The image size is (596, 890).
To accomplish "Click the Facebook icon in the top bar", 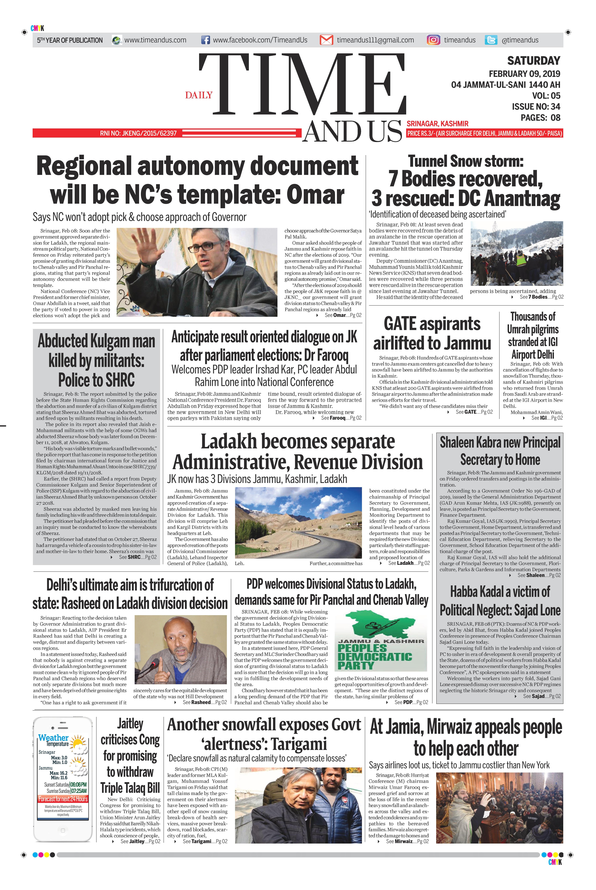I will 205,40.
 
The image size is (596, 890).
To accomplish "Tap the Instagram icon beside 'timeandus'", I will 433,40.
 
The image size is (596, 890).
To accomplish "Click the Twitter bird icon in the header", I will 491,40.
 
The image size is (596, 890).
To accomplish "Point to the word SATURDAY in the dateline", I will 534,61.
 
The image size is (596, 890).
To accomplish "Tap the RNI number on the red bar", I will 138,133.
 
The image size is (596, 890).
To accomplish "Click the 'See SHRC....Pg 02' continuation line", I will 138,557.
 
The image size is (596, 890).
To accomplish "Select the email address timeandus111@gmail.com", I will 375,40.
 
